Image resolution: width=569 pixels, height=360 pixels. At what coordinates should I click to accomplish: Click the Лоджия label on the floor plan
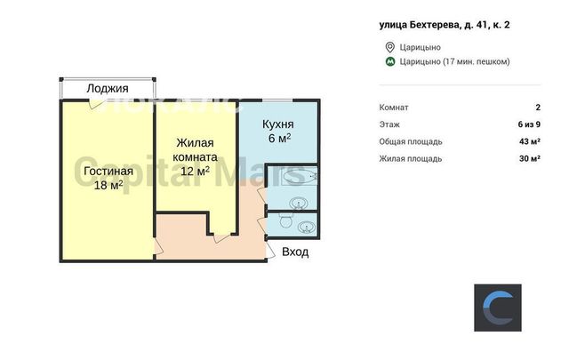108,89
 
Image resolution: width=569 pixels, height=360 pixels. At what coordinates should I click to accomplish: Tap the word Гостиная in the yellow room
108,171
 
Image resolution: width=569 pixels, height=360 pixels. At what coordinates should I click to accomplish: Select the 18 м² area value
108,185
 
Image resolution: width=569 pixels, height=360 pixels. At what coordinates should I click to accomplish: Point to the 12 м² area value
195,171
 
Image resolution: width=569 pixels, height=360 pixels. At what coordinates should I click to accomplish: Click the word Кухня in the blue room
278,124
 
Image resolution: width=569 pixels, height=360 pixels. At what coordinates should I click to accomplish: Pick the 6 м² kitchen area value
279,139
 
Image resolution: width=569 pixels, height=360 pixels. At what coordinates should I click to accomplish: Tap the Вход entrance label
295,252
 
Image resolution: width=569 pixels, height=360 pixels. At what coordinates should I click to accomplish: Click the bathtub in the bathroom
301,176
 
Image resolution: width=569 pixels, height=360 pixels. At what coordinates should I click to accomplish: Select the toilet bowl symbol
286,220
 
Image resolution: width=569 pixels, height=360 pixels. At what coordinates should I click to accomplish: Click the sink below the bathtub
299,203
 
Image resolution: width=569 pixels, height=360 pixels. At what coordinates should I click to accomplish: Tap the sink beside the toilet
307,228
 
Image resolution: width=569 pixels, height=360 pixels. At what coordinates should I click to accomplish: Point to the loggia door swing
96,103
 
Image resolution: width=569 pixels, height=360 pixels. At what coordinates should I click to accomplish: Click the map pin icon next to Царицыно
389,47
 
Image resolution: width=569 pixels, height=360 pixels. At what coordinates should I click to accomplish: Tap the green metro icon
390,61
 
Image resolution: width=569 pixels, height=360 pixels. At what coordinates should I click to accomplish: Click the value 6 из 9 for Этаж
529,124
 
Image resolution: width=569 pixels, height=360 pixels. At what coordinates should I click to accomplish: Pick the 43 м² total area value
530,141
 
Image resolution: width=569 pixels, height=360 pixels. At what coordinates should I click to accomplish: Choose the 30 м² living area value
530,158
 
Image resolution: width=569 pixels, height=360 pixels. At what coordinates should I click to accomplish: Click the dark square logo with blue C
498,308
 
